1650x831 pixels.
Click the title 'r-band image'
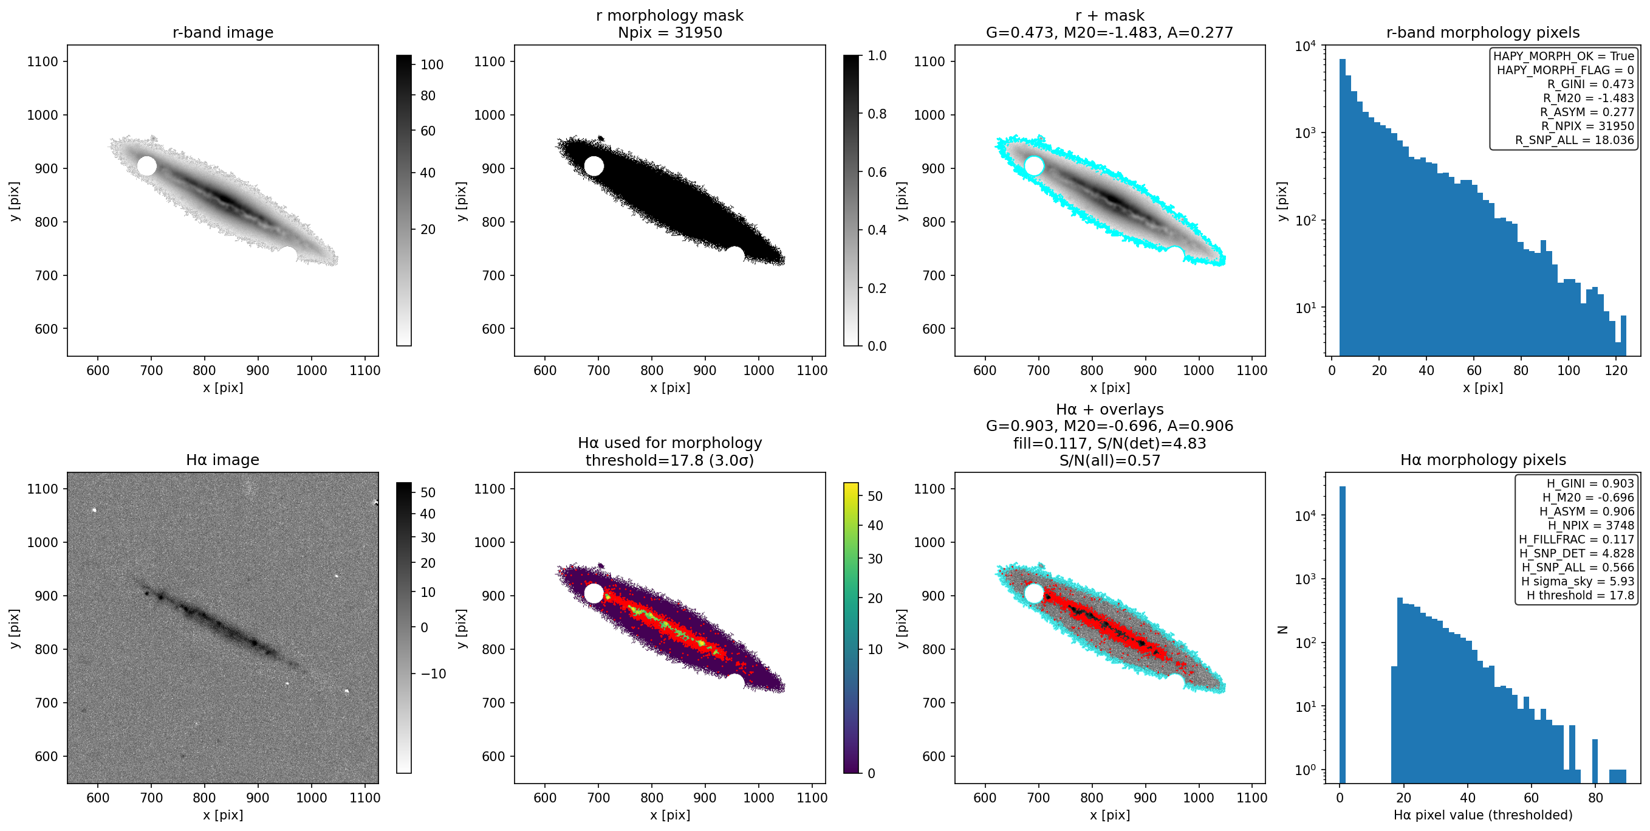(x=223, y=32)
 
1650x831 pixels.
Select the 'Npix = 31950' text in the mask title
(x=670, y=32)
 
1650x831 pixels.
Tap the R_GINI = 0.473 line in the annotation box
(x=1590, y=84)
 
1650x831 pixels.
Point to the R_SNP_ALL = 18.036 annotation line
(x=1575, y=140)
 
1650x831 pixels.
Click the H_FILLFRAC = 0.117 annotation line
(x=1576, y=539)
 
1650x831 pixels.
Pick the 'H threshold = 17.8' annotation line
(x=1580, y=595)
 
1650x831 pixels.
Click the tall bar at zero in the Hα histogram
(x=1343, y=634)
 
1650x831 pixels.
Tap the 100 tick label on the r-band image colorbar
(x=433, y=64)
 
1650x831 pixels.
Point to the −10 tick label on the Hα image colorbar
(x=434, y=674)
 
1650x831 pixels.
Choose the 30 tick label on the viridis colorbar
(x=875, y=559)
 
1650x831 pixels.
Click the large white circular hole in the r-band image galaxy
(x=146, y=166)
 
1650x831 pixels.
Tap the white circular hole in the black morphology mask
(x=594, y=166)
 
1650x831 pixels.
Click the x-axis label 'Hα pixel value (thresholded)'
(x=1483, y=815)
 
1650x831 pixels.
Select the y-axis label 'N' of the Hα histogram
(x=1282, y=629)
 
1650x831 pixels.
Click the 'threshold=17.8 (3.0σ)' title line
(x=670, y=460)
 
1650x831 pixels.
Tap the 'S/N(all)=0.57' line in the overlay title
(x=1110, y=460)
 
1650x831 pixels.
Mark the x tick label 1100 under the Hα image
(x=365, y=798)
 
